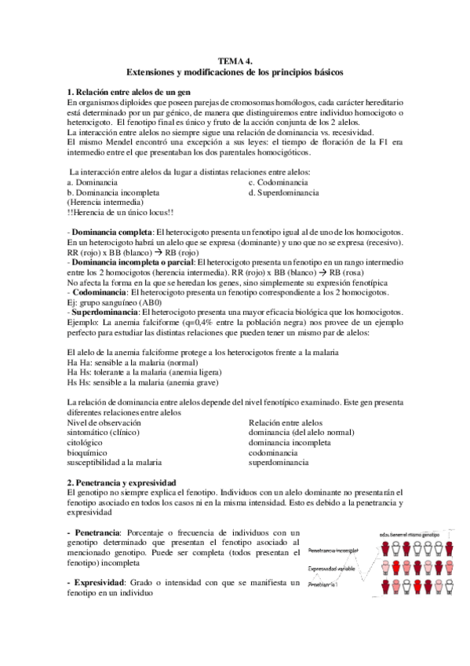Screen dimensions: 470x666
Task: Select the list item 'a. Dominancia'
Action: (x=93, y=181)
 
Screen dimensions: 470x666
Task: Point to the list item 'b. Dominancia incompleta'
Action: (x=113, y=192)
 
